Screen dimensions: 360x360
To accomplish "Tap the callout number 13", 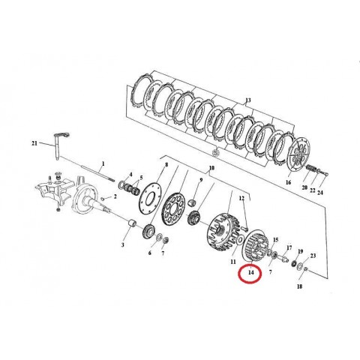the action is [x=247, y=100].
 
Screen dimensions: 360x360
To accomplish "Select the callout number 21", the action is [x=34, y=143].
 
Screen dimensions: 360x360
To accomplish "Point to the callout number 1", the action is [x=103, y=163].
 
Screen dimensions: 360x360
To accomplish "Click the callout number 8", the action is [x=166, y=165].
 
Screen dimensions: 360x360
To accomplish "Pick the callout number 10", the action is [x=211, y=168].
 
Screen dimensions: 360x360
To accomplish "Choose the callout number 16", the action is [x=288, y=182].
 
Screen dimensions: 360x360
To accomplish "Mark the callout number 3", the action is [x=122, y=244].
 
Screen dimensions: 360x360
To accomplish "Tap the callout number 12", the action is [x=241, y=199].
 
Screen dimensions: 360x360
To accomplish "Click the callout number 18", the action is [x=299, y=286].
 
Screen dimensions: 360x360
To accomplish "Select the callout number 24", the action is [x=320, y=193].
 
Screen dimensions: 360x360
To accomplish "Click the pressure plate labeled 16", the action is [x=300, y=154].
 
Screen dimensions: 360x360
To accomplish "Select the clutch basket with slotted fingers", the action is [x=223, y=232].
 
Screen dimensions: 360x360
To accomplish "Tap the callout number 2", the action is [x=115, y=196].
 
